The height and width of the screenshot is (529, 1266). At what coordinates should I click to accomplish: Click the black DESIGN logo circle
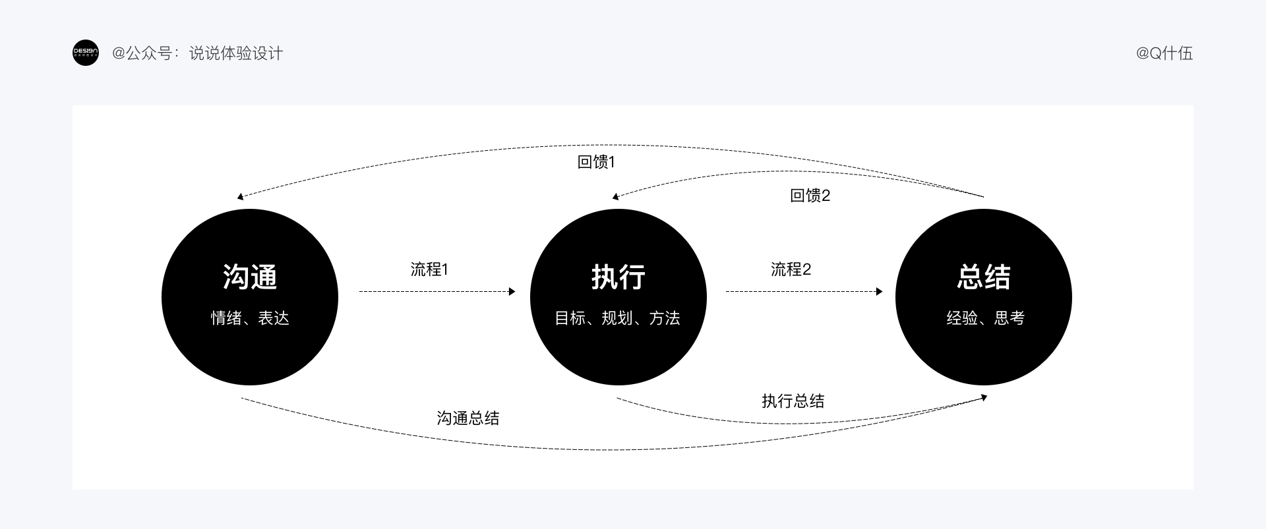[x=85, y=53]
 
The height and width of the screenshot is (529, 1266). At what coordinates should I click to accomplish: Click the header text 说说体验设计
[x=235, y=53]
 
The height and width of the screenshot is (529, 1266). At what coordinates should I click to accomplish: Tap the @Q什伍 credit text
[x=1164, y=53]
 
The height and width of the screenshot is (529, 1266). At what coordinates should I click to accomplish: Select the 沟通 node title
[x=250, y=277]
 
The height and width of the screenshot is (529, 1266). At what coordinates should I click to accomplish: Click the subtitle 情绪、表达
[x=250, y=318]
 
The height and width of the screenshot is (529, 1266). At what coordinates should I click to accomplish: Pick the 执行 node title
[x=618, y=277]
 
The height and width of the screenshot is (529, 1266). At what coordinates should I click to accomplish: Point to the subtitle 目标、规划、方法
[x=618, y=318]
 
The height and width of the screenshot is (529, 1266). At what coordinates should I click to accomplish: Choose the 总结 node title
[x=984, y=277]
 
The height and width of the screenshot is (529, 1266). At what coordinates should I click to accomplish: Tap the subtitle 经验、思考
[x=985, y=318]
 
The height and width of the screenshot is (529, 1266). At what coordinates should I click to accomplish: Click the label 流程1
[x=429, y=269]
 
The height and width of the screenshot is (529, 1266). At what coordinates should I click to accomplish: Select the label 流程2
[x=791, y=269]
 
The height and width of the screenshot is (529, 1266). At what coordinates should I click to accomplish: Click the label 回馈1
[x=596, y=162]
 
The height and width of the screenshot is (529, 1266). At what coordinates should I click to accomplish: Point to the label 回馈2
[x=810, y=196]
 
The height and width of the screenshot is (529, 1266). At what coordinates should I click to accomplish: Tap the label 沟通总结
[x=468, y=418]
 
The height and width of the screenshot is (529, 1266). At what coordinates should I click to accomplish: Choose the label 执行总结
[x=793, y=401]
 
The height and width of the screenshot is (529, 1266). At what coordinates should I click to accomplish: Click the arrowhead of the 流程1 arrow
[x=512, y=291]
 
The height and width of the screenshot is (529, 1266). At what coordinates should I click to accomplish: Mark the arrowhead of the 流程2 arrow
[x=879, y=291]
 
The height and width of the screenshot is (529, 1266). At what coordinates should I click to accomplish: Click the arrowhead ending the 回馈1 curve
[x=241, y=196]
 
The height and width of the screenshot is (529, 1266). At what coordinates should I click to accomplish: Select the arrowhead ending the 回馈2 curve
[x=615, y=196]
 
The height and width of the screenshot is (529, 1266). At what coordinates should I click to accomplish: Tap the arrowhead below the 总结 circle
[x=984, y=397]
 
